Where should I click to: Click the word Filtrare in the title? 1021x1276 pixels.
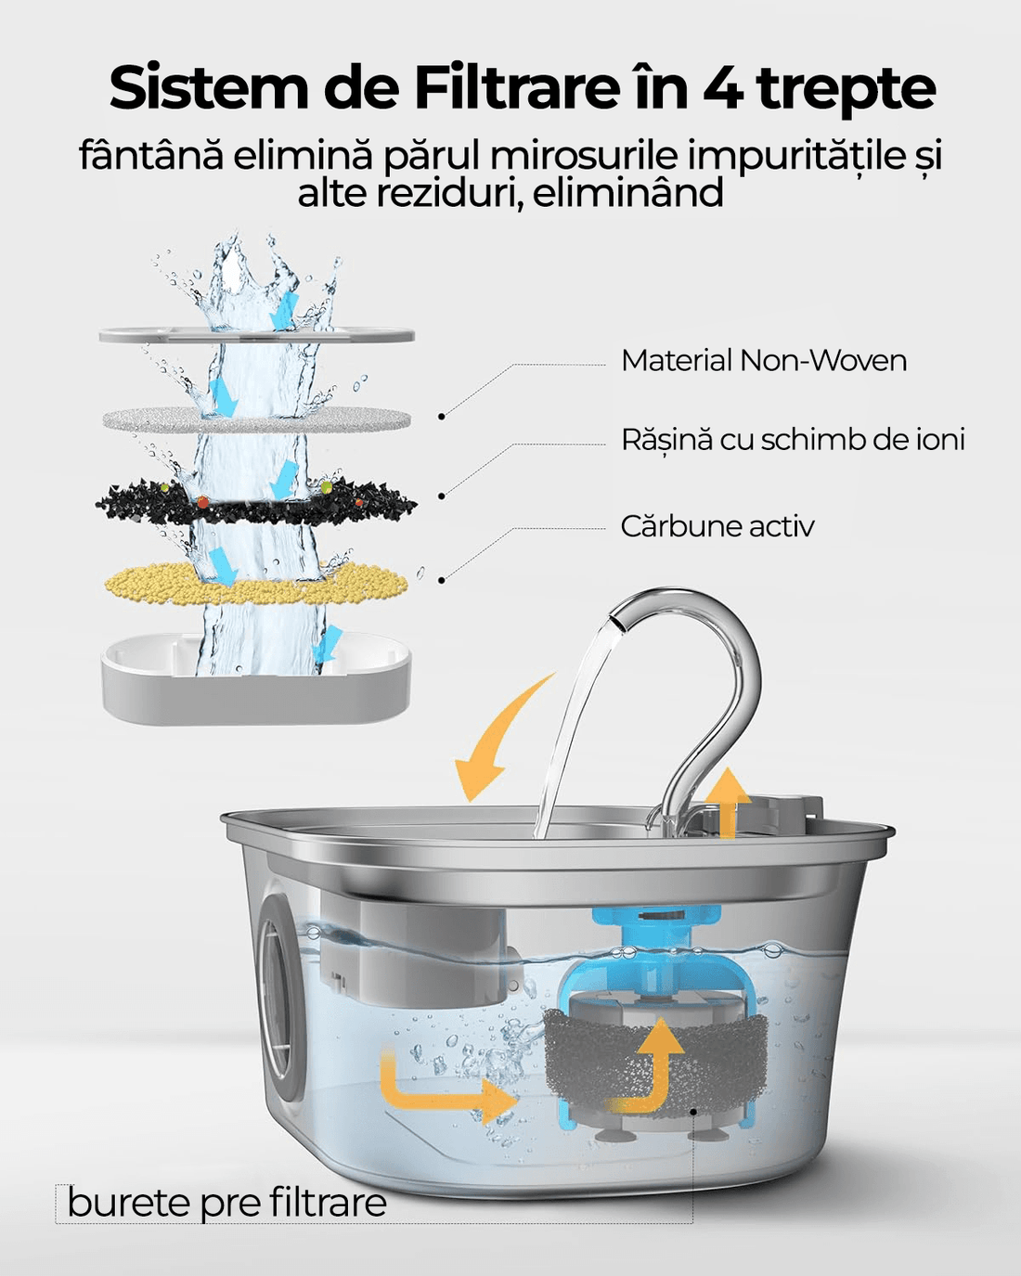pos(516,88)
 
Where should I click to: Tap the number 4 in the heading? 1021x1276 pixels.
pos(721,88)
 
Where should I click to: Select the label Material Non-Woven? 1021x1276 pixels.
pos(763,360)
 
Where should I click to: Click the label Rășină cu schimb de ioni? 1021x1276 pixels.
pos(793,439)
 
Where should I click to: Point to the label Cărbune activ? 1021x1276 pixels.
pos(717,526)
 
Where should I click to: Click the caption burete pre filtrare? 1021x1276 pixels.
pos(226,1204)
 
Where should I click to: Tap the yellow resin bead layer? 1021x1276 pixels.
pos(255,584)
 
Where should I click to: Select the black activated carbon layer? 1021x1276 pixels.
pos(255,502)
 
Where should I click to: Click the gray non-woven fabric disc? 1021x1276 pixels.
pos(255,419)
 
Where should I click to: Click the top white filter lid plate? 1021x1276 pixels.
pos(255,335)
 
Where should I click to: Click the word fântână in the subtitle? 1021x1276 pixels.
pos(151,155)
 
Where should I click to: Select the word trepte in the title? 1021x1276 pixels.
pos(846,88)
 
